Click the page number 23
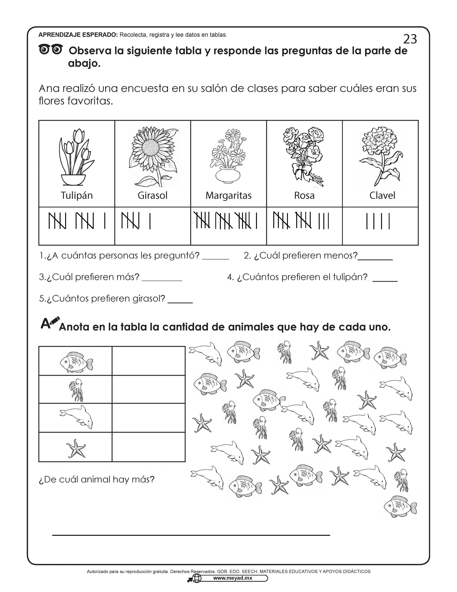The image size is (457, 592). [410, 39]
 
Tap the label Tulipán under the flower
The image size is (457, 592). [77, 195]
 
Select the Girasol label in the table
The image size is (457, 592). [152, 195]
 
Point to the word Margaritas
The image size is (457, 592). [228, 195]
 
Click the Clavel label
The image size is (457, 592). [382, 195]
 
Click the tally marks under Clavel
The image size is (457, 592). [378, 221]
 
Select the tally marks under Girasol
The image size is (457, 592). [135, 221]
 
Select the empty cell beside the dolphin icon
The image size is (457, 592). [149, 418]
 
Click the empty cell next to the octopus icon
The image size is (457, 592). [149, 389]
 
